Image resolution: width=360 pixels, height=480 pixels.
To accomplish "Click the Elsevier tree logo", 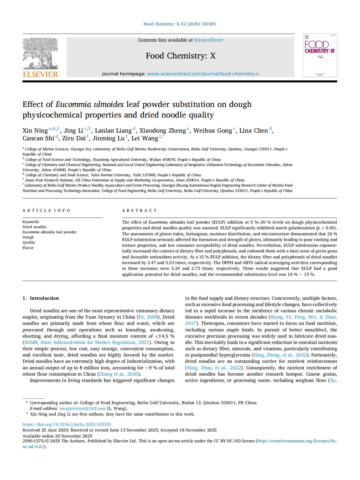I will pos(40,53).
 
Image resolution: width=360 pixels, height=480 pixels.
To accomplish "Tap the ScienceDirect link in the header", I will pos(209,40).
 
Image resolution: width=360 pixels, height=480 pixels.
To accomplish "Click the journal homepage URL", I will pos(203,74).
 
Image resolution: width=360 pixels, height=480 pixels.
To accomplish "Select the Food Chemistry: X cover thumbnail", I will pos(320,55).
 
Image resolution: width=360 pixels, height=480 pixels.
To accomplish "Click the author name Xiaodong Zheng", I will pos(162,131).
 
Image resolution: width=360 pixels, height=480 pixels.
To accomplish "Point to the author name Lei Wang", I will pos(145,138).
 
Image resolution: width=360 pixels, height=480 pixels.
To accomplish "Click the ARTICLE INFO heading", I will pos(46,210).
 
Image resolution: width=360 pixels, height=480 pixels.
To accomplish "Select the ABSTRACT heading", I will pos(139,210).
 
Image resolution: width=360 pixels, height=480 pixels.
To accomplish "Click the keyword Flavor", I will pos(28,248).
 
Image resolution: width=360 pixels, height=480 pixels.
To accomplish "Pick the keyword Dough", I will pos(28,237).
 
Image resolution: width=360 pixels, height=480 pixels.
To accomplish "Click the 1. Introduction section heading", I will pos(41,298).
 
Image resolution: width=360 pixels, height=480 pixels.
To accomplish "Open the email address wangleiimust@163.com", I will pos(82,408).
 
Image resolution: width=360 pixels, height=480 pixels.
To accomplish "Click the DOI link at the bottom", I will pos(67,424).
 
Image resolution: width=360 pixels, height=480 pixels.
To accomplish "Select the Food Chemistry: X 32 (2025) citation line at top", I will pos(179,24).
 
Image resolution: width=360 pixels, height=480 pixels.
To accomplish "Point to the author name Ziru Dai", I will pos(74,138).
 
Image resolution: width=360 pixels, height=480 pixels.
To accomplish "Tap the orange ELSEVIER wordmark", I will pos(40,74).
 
